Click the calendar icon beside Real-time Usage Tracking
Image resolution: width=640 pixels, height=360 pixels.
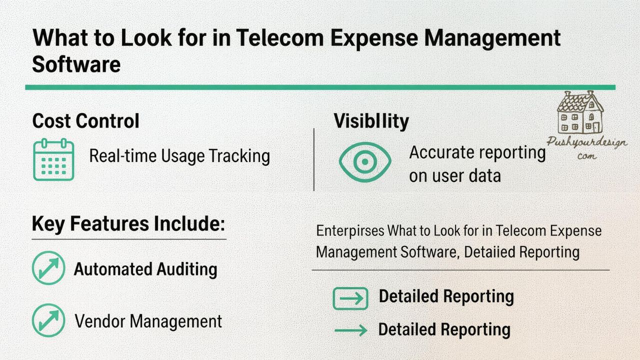[x=53, y=159]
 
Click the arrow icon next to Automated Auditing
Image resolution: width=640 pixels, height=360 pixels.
[x=48, y=268]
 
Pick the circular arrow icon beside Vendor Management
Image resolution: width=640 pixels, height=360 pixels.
[x=48, y=320]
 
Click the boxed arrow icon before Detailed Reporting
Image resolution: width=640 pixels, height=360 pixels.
[x=350, y=298]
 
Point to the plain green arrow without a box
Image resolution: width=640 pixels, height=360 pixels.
[x=350, y=330]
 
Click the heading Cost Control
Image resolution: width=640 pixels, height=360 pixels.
[x=85, y=121]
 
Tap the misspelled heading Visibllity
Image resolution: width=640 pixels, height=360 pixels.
[x=371, y=121]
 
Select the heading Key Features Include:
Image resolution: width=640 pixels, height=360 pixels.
[x=128, y=223]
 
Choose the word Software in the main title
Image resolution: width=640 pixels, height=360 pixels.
[x=76, y=64]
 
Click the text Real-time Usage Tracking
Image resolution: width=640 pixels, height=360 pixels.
[x=179, y=156]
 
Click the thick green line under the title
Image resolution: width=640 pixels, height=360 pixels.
[x=320, y=87]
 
